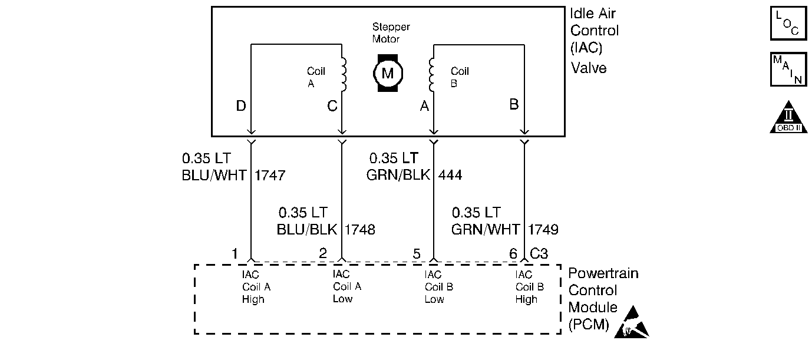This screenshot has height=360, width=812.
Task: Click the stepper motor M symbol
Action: point(388,73)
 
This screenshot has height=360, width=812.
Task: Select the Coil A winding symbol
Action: point(344,74)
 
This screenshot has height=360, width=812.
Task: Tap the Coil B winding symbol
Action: point(431,74)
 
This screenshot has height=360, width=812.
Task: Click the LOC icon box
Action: point(788,23)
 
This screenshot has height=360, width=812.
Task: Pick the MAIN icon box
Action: point(788,70)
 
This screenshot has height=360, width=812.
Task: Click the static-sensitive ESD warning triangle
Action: point(632,323)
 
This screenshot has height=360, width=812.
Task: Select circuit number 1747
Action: point(270,176)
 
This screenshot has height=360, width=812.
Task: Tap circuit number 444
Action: point(450,175)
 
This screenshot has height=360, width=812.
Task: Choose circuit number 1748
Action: point(359,229)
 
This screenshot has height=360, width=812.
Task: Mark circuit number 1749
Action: point(543,229)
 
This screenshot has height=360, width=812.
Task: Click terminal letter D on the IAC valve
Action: point(241,106)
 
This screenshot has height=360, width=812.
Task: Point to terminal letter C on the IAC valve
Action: point(332,106)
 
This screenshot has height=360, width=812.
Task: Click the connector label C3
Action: point(539,253)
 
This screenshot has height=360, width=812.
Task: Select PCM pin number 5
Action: point(417,254)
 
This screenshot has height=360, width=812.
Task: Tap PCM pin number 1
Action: point(235,254)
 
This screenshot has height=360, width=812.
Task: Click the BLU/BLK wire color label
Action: point(307,229)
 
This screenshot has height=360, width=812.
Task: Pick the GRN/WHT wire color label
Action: point(486,229)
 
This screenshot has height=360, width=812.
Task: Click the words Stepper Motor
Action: point(391,33)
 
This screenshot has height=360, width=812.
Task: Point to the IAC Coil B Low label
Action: point(438,287)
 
